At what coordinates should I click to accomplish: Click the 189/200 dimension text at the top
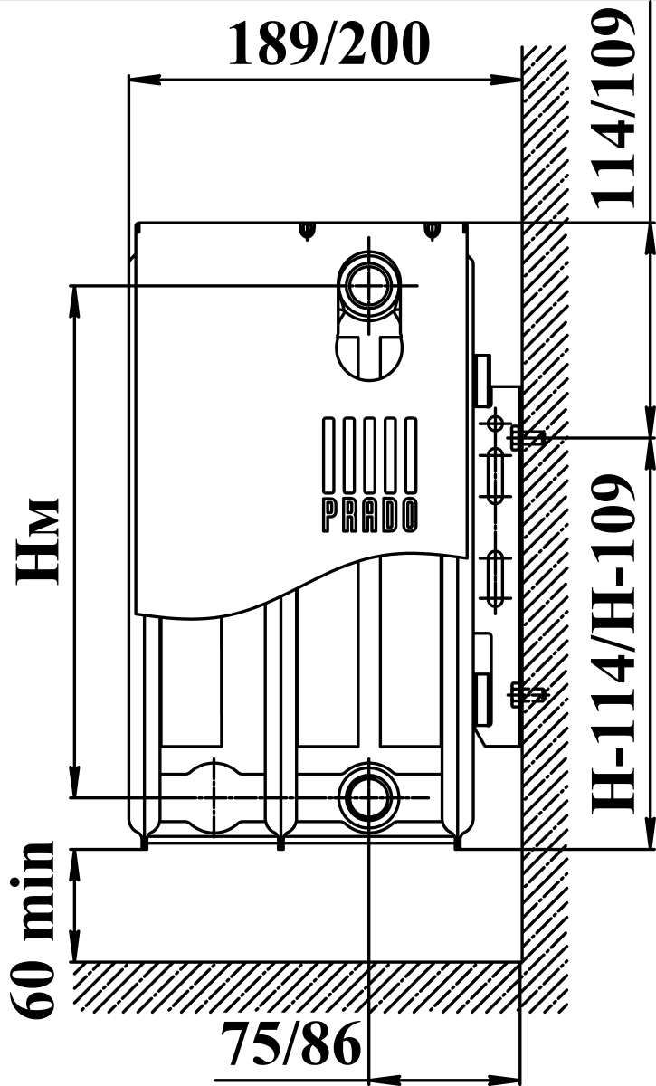pos(328,44)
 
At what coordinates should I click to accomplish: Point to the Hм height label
pos(37,539)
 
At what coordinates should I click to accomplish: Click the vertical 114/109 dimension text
pos(613,110)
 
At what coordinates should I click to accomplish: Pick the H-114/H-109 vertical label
pos(613,644)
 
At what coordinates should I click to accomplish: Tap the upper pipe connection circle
pos(369,286)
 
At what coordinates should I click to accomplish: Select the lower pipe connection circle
pos(369,797)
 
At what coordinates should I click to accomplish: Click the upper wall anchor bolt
pos(527,438)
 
